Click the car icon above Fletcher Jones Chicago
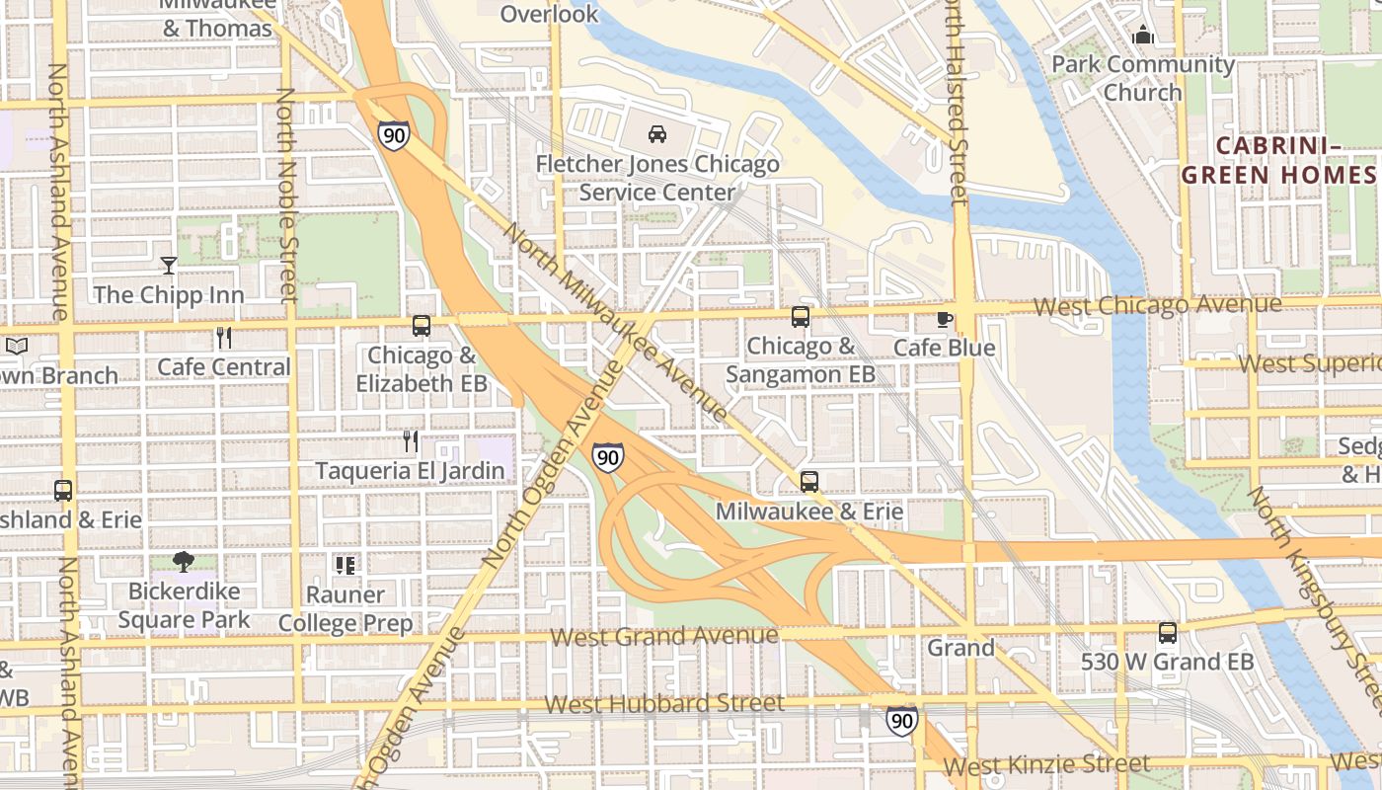tap(656, 134)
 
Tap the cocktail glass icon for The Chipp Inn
tap(169, 265)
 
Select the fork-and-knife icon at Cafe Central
tap(224, 338)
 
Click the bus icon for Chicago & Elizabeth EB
tap(422, 325)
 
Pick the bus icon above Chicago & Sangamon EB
tap(801, 317)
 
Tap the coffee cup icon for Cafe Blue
tap(945, 319)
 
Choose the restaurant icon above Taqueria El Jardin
tap(411, 440)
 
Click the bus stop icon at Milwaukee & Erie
tap(809, 482)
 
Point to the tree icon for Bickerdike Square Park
tap(183, 562)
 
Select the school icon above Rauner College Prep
tap(345, 565)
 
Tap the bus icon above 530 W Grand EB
tap(1168, 633)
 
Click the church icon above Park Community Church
tap(1143, 36)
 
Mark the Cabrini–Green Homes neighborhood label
tap(1278, 160)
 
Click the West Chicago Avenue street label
tap(1157, 306)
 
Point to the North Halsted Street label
tap(956, 104)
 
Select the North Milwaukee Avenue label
tap(617, 323)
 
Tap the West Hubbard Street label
tap(664, 704)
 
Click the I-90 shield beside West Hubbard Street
tap(901, 720)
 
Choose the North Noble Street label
tap(286, 195)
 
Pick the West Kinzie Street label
tap(1046, 764)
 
